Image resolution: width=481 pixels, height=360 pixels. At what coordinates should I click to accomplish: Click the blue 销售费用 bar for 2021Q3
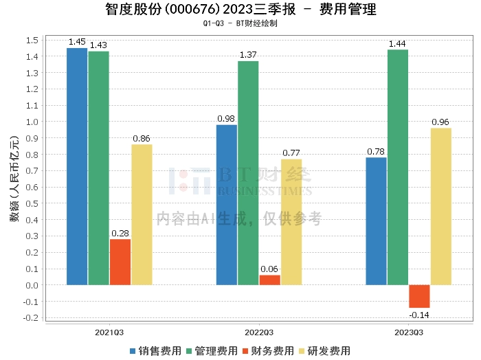click(77, 166)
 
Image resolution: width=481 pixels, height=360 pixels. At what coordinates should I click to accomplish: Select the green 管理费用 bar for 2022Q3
click(248, 172)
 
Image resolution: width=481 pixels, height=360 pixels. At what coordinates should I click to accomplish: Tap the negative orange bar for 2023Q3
click(419, 296)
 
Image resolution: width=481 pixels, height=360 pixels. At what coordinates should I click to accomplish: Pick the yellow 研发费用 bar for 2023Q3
click(441, 206)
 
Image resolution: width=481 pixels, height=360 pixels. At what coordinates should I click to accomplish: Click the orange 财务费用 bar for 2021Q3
click(120, 262)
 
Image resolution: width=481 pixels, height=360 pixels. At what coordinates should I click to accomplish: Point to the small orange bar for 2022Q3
click(270, 280)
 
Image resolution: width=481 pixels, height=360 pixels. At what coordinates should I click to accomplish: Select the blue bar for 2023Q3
click(376, 221)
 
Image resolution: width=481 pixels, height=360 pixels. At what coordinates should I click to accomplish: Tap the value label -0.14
click(419, 315)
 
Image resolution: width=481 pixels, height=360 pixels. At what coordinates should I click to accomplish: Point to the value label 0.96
click(440, 122)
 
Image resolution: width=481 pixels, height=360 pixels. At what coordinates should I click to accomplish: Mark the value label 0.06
click(270, 269)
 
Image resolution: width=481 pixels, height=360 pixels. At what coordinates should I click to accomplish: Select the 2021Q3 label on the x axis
click(109, 332)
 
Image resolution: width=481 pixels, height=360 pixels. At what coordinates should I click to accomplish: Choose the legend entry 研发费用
click(325, 350)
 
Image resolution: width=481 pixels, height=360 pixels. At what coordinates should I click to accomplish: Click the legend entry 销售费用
click(155, 350)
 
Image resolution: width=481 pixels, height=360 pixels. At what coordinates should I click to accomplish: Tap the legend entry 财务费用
click(268, 350)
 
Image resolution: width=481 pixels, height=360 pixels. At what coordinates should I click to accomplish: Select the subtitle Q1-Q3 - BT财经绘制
click(240, 23)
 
